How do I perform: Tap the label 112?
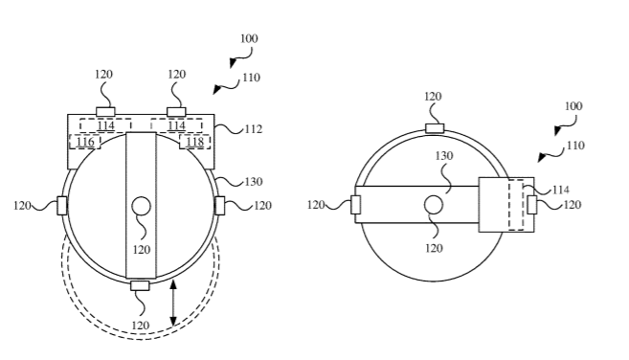[253, 129]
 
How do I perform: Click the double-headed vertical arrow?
[173, 303]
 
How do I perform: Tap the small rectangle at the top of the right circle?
[435, 128]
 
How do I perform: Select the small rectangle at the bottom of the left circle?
[140, 285]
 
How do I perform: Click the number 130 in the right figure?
[444, 156]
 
